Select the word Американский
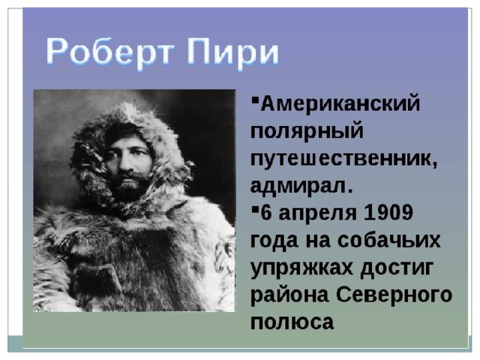(x=340, y=103)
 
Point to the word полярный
(x=307, y=133)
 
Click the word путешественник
(x=344, y=159)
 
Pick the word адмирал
(x=301, y=185)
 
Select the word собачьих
(x=389, y=240)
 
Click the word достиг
(x=397, y=268)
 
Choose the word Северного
(x=394, y=295)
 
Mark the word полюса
(x=292, y=322)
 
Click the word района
(x=289, y=296)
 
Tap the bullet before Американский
(x=254, y=100)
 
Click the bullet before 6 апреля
(x=254, y=209)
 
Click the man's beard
(x=128, y=186)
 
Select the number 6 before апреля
(x=266, y=212)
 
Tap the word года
(x=274, y=241)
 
